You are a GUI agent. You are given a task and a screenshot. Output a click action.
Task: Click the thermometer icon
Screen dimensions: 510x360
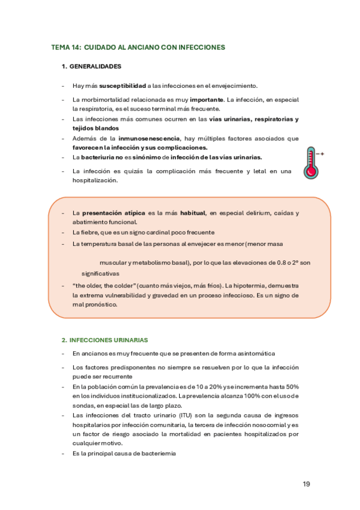point(311,162)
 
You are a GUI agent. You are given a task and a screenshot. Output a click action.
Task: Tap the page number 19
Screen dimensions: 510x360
point(307,484)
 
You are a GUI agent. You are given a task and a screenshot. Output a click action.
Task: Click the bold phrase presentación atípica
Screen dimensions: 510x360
point(114,213)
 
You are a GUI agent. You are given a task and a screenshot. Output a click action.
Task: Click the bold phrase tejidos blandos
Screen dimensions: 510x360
point(96,128)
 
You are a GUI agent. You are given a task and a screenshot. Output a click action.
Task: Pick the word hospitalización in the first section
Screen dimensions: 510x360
point(94,180)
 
